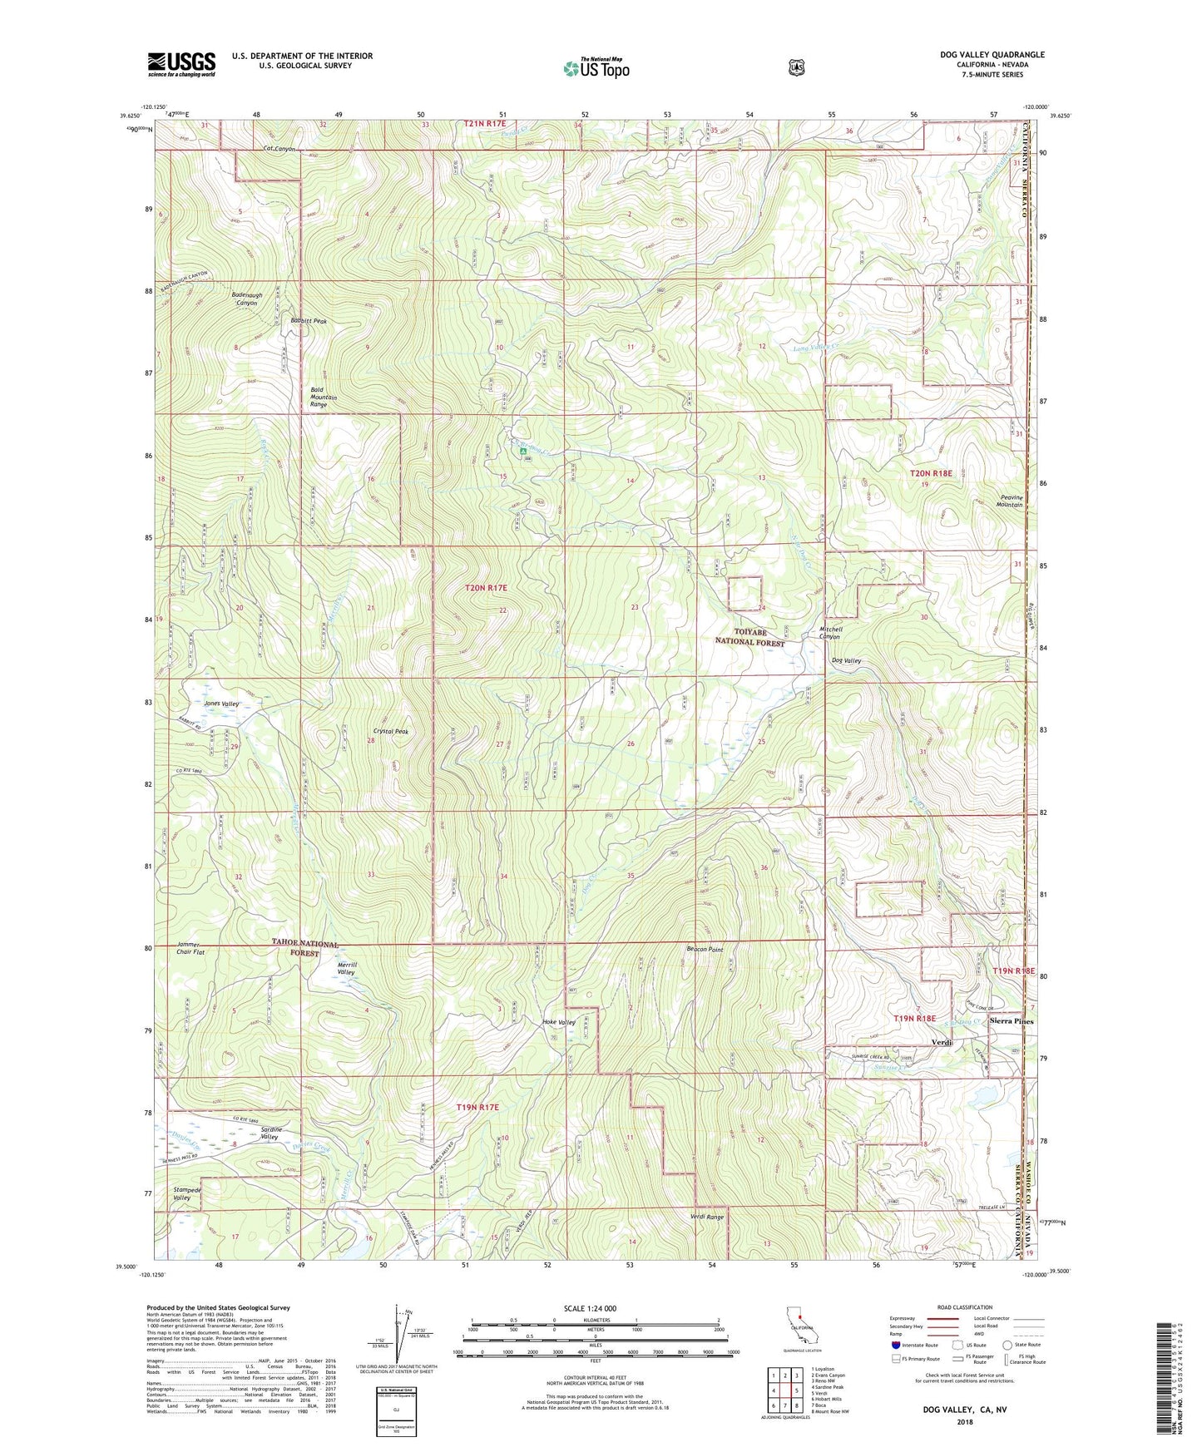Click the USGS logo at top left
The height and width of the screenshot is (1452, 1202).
181,64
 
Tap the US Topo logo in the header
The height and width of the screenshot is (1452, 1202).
596,67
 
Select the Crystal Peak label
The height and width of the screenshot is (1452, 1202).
390,731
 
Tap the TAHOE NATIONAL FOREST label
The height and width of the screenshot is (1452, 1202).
305,948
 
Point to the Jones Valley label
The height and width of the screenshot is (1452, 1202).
219,704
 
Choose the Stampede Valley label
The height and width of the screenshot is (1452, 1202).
182,1193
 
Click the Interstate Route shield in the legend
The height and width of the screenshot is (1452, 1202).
895,1344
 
